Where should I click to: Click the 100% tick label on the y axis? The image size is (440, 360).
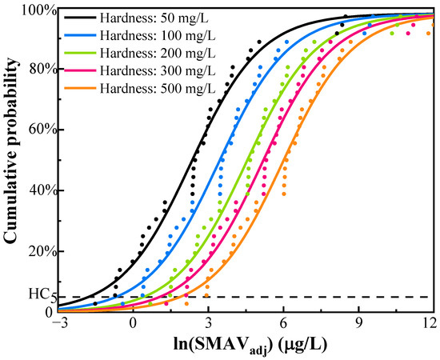pos(38,10)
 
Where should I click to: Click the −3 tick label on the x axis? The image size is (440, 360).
pos(57,323)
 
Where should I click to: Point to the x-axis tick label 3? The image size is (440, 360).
pos(208,323)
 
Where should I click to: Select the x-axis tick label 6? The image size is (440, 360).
pos(283,323)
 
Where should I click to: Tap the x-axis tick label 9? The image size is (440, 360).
pos(358,323)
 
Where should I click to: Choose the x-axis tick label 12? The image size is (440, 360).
pos(430,323)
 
